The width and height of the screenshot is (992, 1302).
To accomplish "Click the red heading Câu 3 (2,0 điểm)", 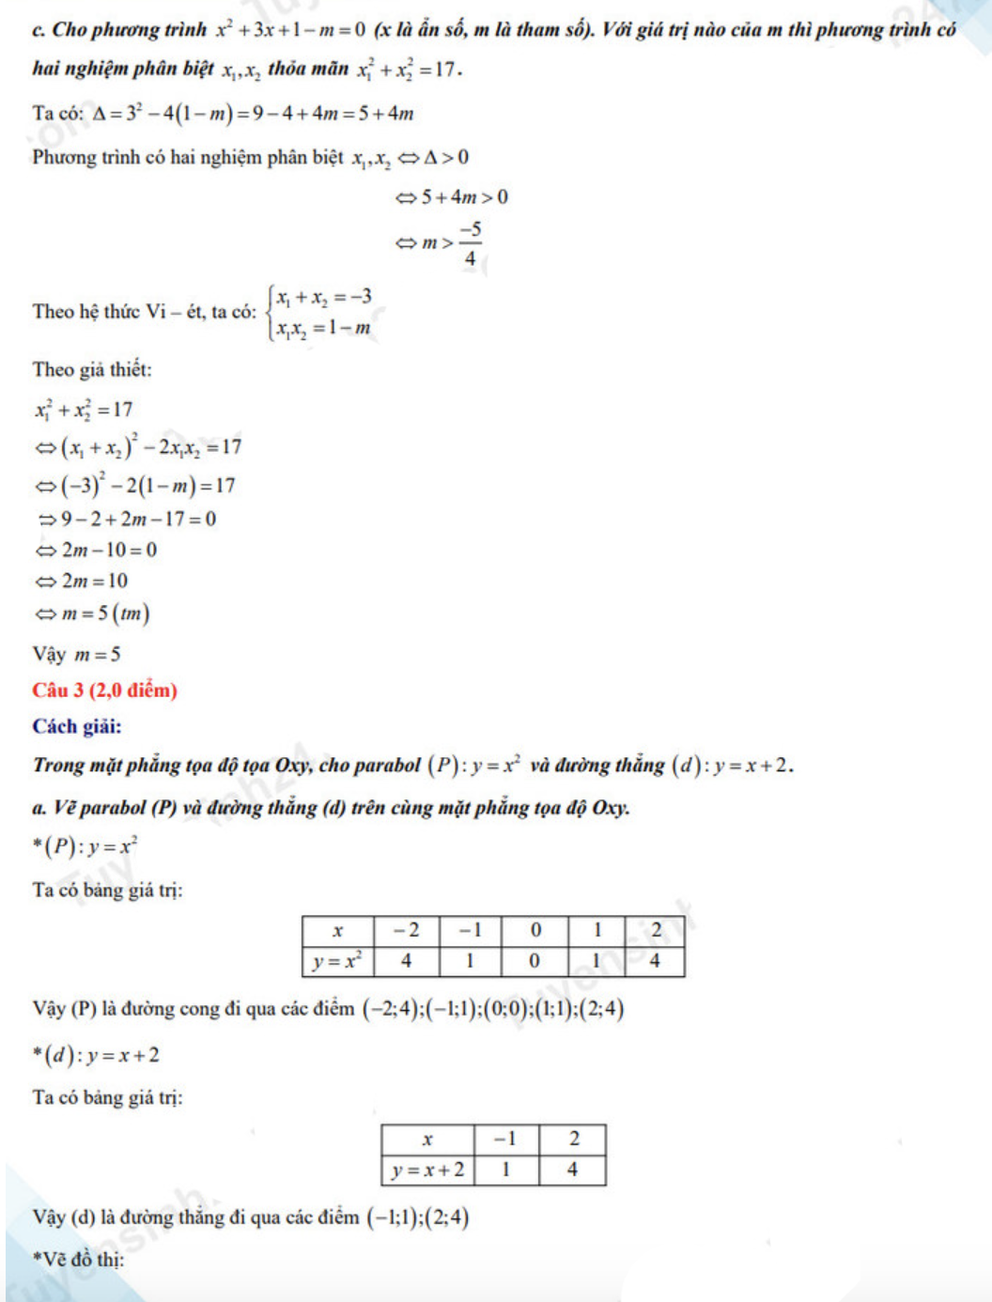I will tap(104, 690).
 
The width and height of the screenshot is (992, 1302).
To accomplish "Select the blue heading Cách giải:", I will tap(77, 726).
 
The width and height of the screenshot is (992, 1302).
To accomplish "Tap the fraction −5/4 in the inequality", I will tap(470, 243).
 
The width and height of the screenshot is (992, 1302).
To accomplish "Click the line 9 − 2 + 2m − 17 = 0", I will tap(137, 519).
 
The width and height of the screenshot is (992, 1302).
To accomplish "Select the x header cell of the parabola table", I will tap(338, 931).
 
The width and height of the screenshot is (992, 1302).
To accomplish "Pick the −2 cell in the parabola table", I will tap(407, 931).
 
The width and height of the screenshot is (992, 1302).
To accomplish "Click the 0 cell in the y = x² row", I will tap(535, 961).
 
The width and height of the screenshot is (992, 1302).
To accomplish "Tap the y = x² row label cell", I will tap(338, 961).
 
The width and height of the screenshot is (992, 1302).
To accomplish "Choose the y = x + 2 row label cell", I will tap(427, 1170).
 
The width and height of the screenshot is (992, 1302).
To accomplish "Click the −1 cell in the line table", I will tap(505, 1139).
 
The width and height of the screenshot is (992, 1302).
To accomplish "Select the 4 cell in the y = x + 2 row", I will tap(572, 1170).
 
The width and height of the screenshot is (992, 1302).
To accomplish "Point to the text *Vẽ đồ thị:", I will tap(78, 1260).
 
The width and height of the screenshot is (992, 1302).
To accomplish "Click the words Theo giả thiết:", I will tap(92, 369).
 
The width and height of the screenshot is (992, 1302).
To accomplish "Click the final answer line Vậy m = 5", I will tap(77, 654).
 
